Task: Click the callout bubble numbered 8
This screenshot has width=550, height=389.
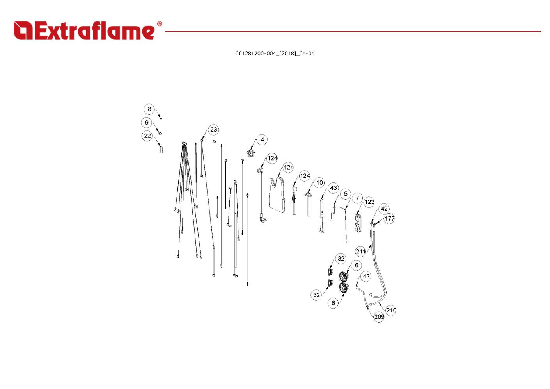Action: click(x=149, y=109)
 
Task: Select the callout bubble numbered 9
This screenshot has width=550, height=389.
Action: click(x=147, y=123)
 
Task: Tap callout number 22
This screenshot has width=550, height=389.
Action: click(x=147, y=136)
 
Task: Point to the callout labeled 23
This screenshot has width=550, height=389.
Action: click(x=213, y=130)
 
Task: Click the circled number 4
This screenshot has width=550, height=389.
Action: click(x=262, y=139)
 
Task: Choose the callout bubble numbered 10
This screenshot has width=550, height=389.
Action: click(x=319, y=182)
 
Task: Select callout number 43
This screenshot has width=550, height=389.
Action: click(x=334, y=188)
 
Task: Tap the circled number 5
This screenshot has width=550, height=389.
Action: click(x=345, y=194)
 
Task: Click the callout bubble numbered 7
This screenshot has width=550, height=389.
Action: click(x=357, y=198)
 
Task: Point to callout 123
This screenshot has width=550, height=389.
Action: click(x=369, y=202)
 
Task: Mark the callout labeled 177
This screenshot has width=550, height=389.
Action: click(x=389, y=219)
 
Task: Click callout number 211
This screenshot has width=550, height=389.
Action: click(x=361, y=251)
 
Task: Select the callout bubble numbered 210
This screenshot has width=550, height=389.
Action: click(x=391, y=310)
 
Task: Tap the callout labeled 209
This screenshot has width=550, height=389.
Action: click(x=379, y=317)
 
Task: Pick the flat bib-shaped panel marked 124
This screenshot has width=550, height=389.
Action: click(x=280, y=197)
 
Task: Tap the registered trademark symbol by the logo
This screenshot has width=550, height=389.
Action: click(x=160, y=24)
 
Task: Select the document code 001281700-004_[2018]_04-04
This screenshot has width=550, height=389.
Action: click(x=275, y=54)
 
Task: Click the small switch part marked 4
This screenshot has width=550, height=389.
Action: click(x=250, y=153)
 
